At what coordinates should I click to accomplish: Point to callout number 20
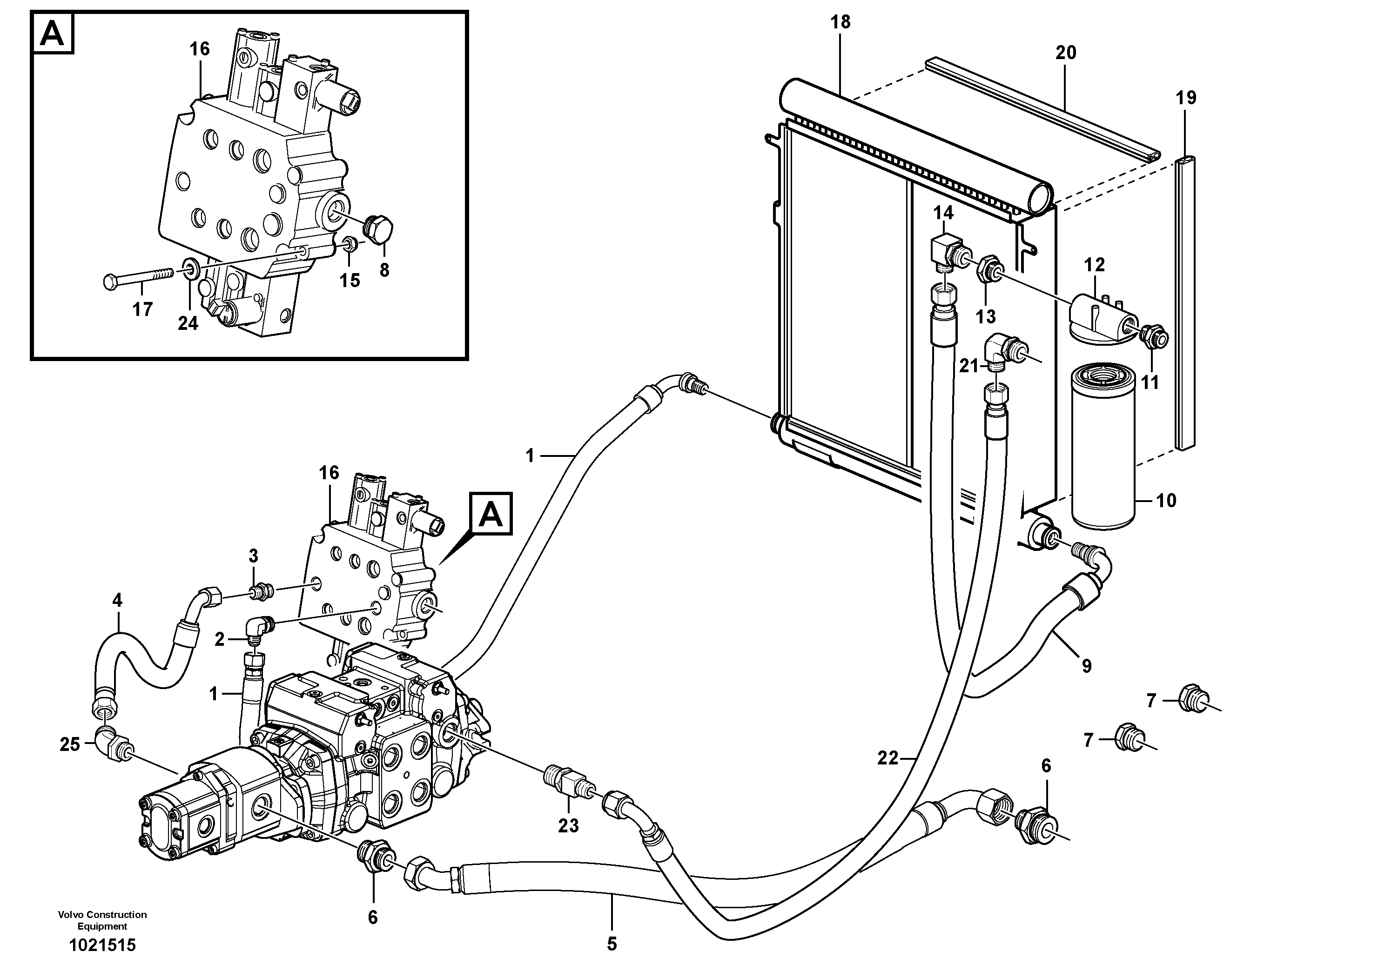tap(1065, 53)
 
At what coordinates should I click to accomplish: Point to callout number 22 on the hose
tap(887, 758)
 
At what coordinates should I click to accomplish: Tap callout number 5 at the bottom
tap(612, 944)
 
